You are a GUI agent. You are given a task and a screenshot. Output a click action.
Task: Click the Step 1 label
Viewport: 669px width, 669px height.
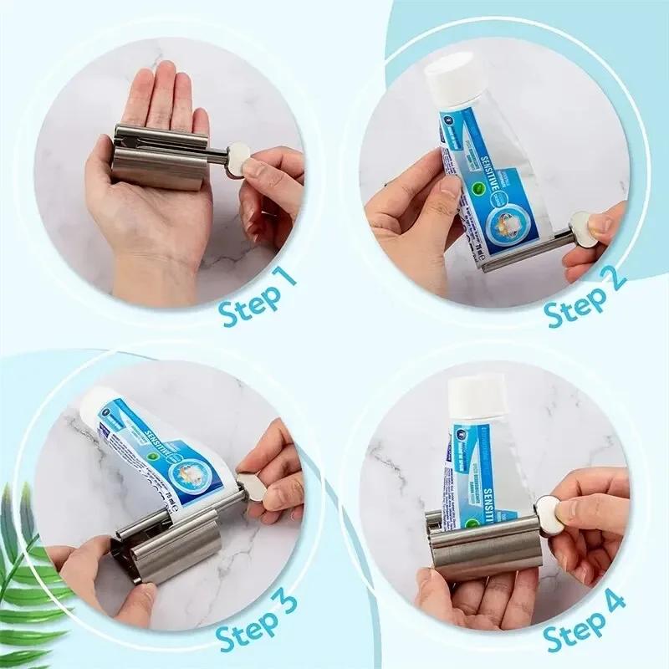[258, 298]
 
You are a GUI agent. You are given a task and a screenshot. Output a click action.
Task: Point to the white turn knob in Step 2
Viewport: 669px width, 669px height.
[585, 228]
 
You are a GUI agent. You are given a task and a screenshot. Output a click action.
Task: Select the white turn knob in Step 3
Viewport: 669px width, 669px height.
[253, 488]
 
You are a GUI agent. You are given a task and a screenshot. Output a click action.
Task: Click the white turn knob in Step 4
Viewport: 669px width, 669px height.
[549, 511]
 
